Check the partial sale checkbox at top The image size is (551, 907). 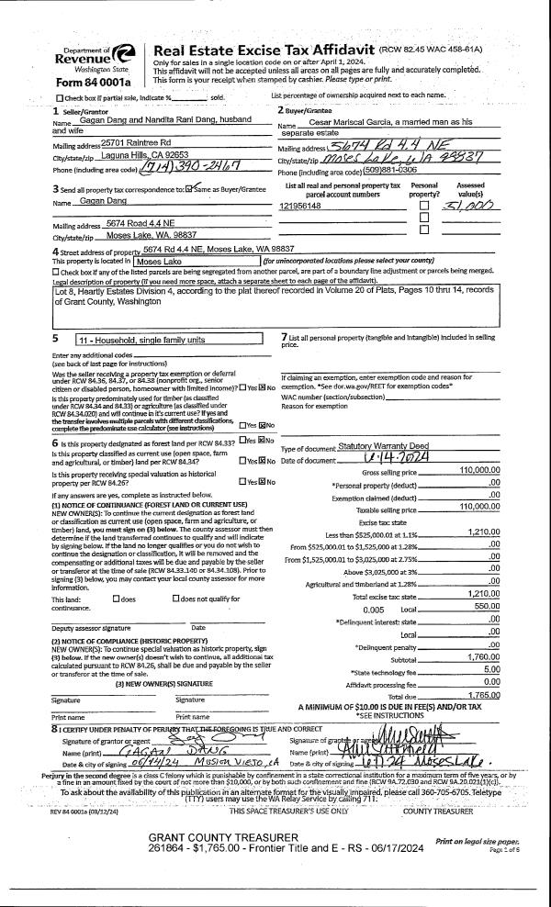(61, 97)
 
